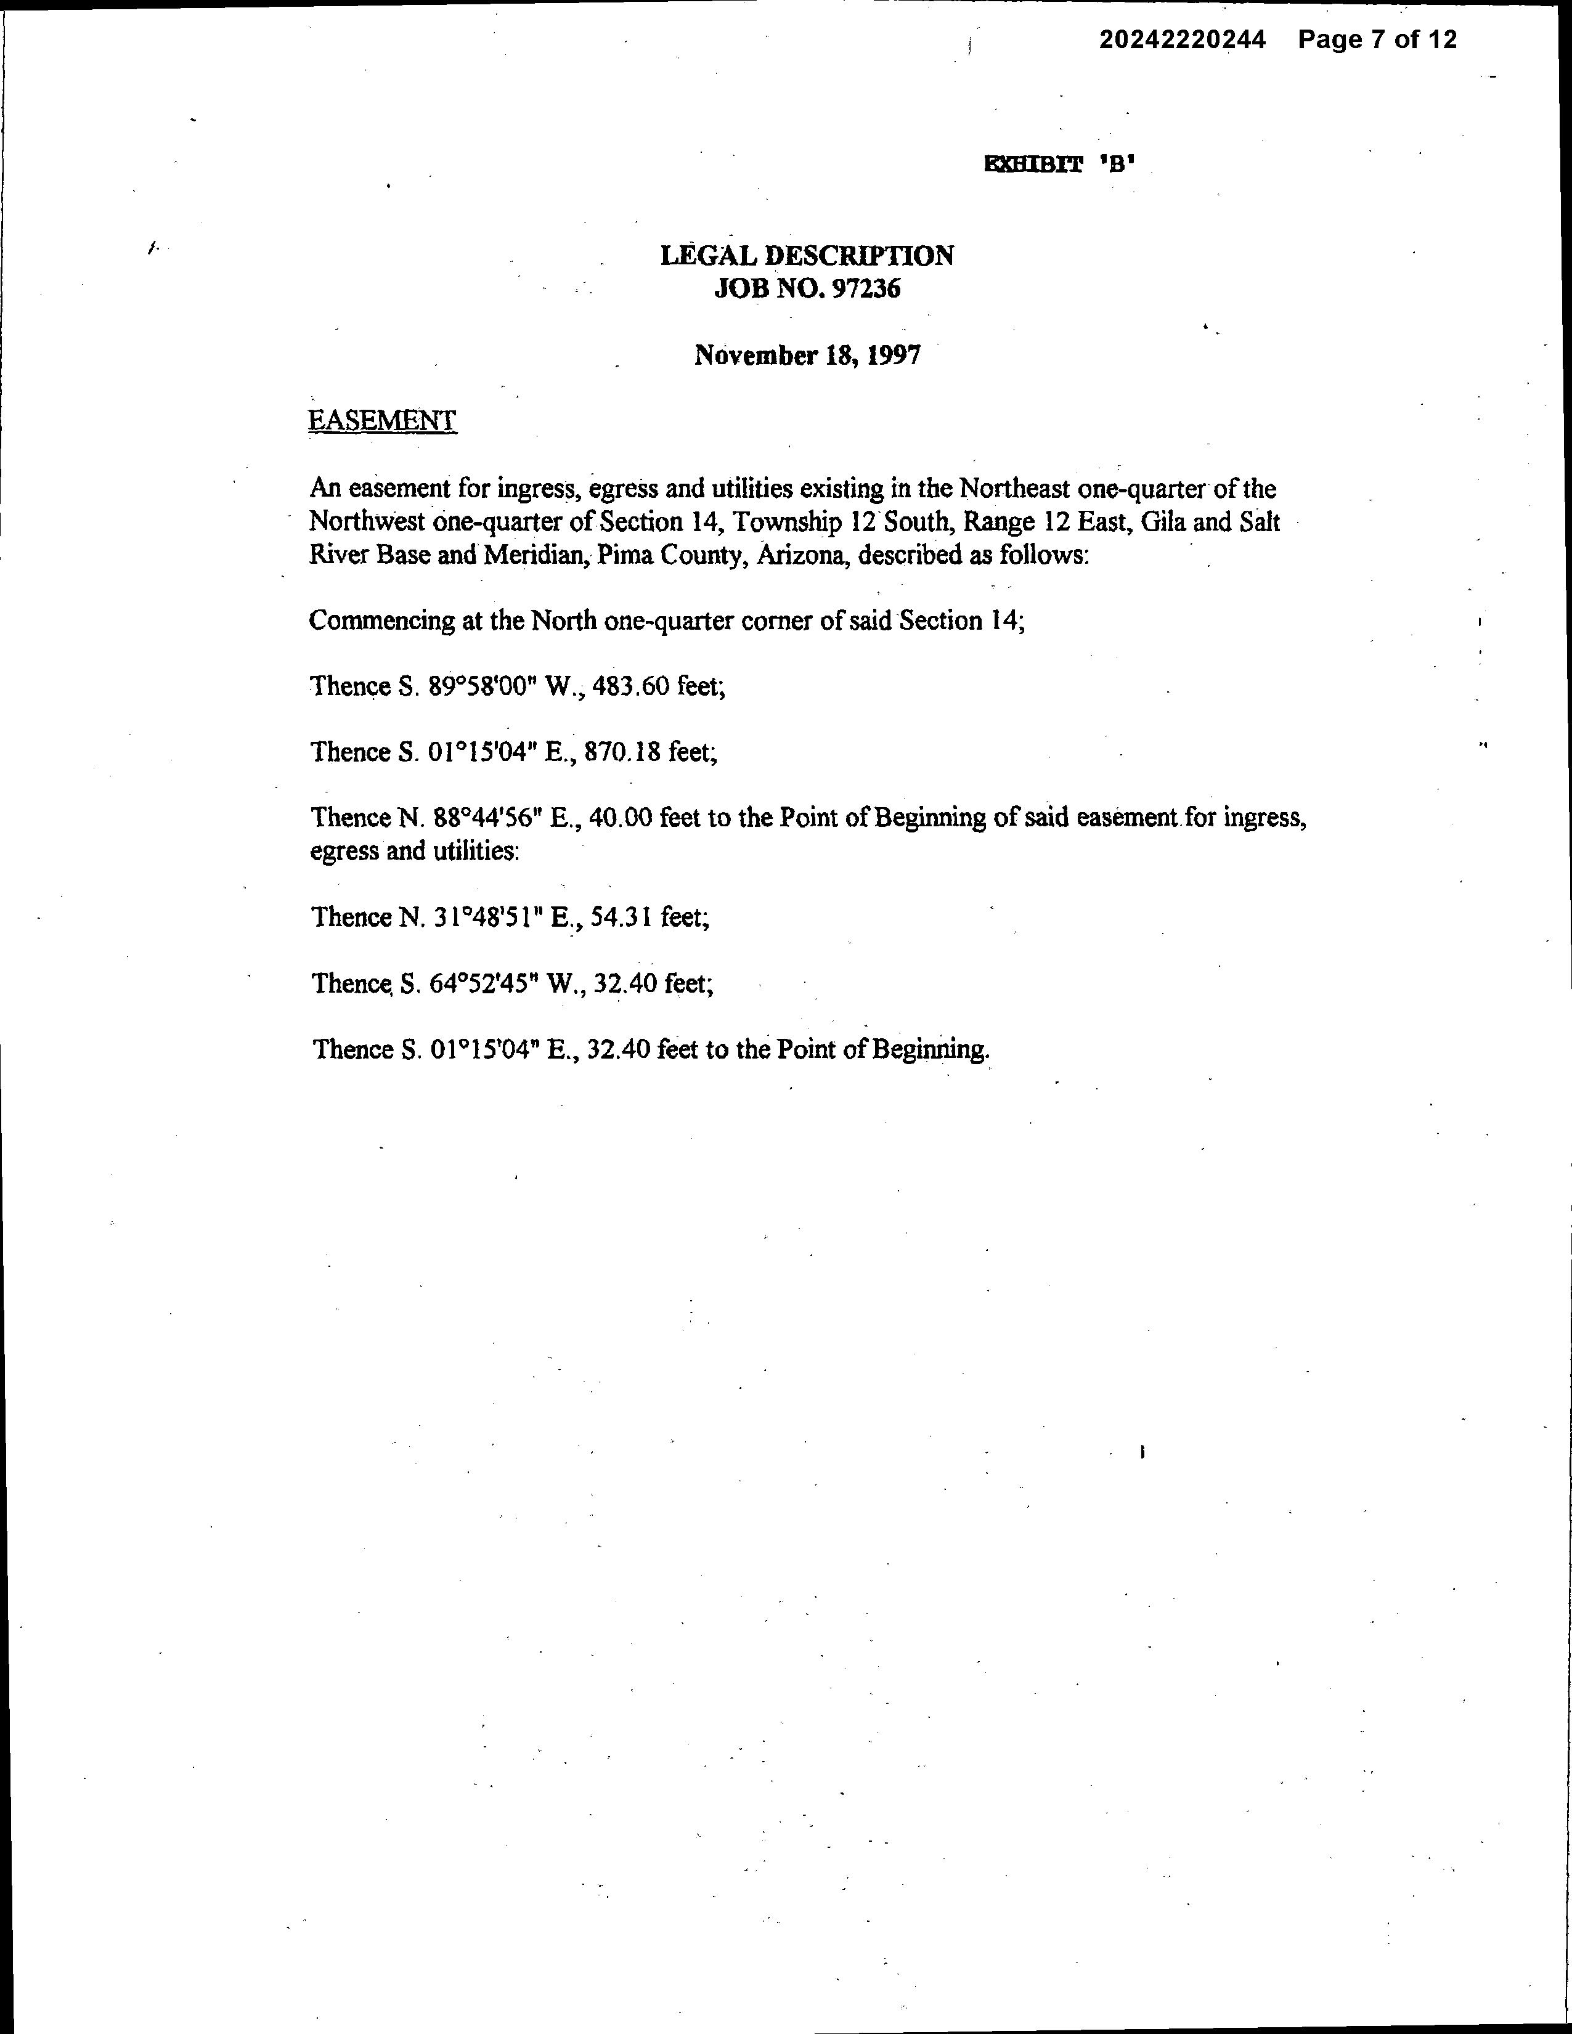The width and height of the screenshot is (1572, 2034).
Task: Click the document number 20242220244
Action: point(1182,40)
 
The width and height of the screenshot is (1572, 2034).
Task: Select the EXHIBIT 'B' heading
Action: point(1061,166)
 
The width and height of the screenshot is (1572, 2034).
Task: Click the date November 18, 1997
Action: point(807,355)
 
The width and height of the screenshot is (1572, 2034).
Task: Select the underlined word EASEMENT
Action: point(382,421)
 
